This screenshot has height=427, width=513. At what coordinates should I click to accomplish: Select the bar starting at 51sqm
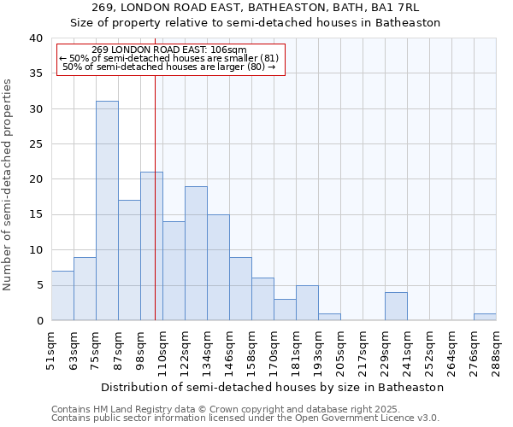[x=62, y=295]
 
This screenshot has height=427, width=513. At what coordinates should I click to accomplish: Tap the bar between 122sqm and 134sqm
[x=196, y=253]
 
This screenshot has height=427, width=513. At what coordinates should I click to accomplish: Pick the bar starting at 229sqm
[x=396, y=306]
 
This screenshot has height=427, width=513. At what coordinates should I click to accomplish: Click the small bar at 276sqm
[x=485, y=317]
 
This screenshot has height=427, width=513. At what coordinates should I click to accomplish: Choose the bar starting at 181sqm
[x=307, y=302]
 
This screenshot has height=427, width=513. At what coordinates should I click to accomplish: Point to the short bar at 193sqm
[x=329, y=317]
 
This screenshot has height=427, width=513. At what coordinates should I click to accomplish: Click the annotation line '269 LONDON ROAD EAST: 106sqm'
[x=169, y=50]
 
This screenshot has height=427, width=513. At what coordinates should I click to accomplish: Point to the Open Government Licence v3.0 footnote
[x=245, y=418]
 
